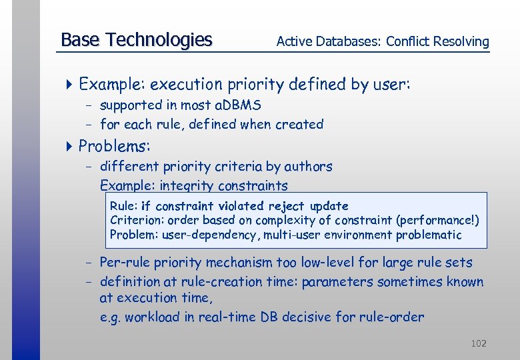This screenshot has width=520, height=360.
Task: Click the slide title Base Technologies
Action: [x=136, y=40]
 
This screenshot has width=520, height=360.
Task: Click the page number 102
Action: [x=478, y=343]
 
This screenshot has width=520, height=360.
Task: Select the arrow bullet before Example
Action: [x=71, y=85]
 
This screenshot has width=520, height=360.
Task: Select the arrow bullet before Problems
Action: [x=71, y=146]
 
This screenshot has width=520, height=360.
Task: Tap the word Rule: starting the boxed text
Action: [x=122, y=207]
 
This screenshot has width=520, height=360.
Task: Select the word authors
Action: [x=309, y=167]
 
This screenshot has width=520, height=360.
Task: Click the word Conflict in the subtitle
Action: [x=408, y=41]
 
